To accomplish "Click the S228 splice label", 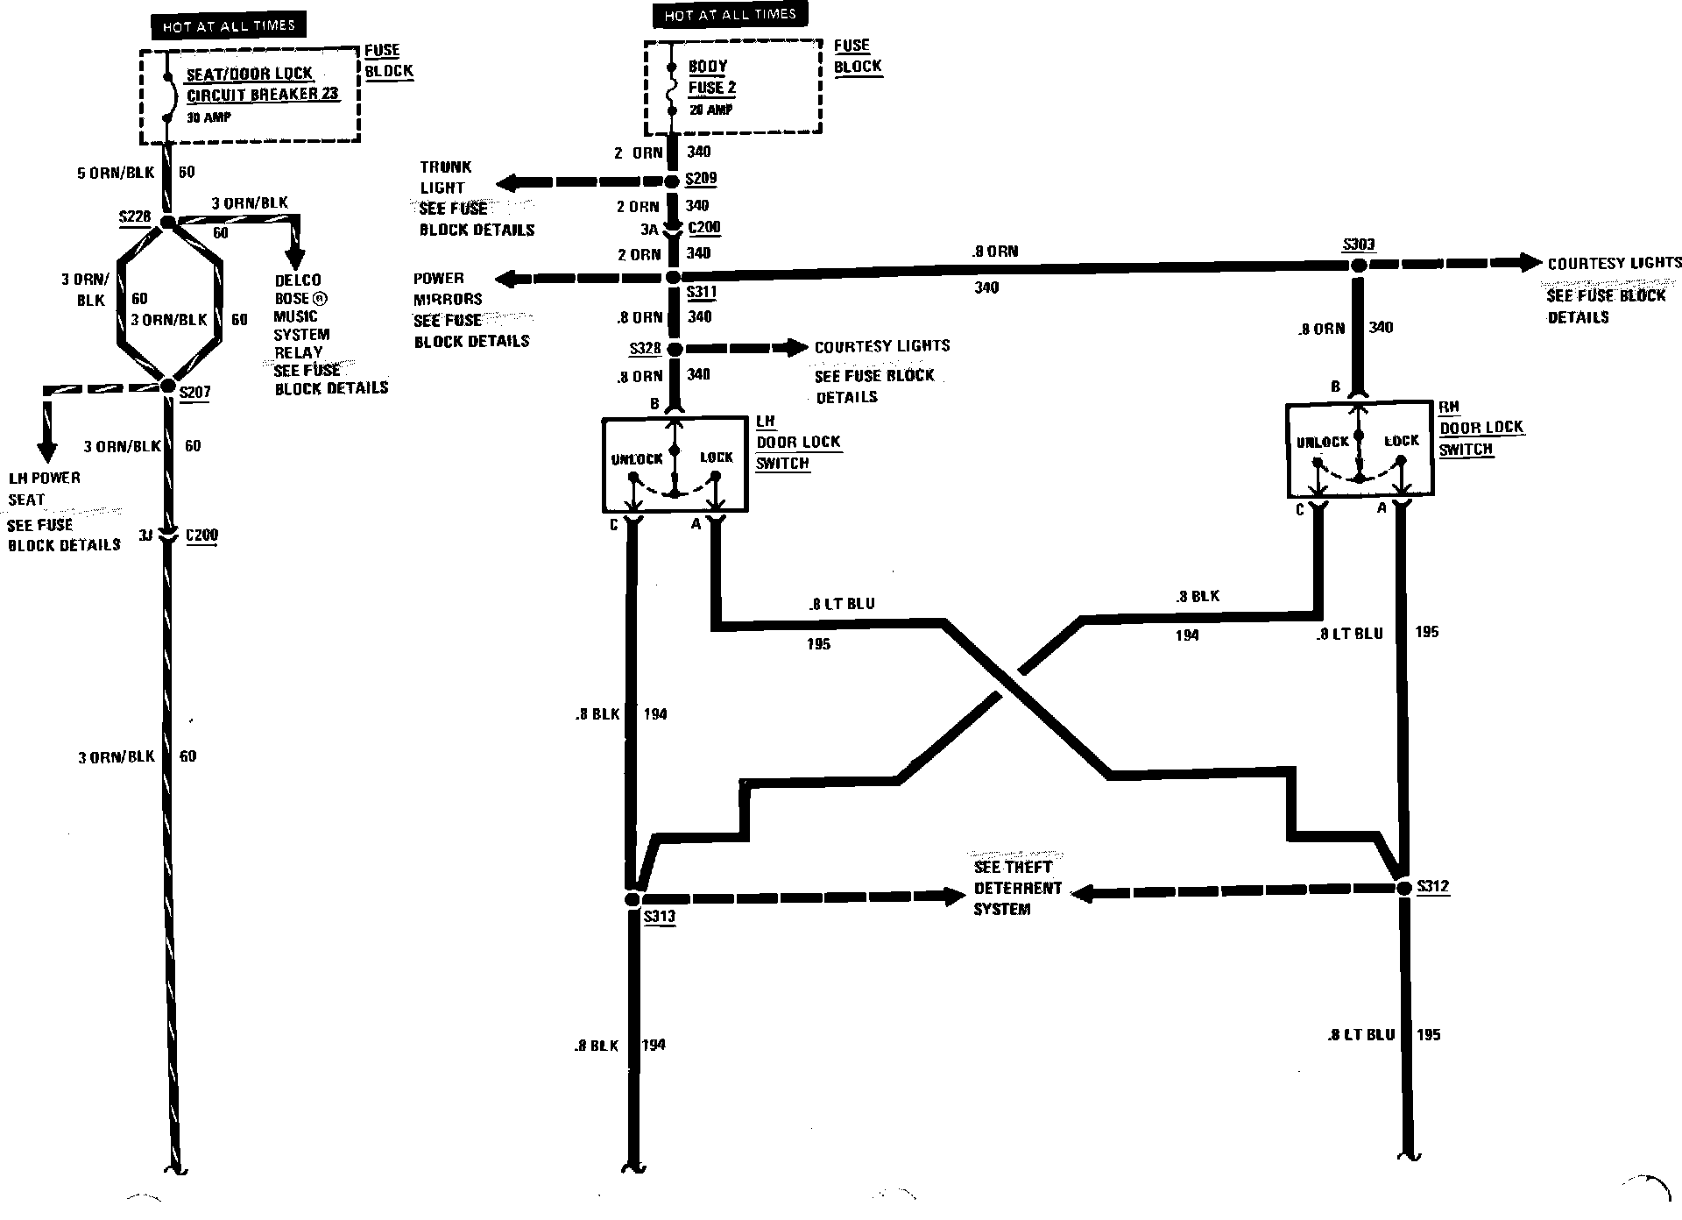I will (x=134, y=216).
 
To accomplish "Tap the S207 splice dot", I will (x=167, y=387).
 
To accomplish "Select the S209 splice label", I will (x=701, y=179).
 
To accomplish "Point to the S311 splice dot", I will (x=673, y=277).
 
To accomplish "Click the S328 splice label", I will (x=645, y=349).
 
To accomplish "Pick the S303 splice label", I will (x=1358, y=245).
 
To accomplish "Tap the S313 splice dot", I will (x=632, y=899).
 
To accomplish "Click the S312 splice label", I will (x=1432, y=886).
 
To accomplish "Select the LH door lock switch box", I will (x=675, y=465).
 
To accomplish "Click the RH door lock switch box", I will (x=1359, y=450).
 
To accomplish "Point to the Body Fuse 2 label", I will (x=711, y=77).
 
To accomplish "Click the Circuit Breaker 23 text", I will (x=262, y=95).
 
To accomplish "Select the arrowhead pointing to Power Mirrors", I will (x=505, y=279).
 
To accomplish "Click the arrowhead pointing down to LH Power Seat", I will (x=46, y=450).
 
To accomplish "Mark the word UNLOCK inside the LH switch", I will (x=637, y=459).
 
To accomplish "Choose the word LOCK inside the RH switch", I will (x=1401, y=441).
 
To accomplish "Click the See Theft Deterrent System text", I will (x=1017, y=888).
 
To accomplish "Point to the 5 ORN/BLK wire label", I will (x=116, y=173).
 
